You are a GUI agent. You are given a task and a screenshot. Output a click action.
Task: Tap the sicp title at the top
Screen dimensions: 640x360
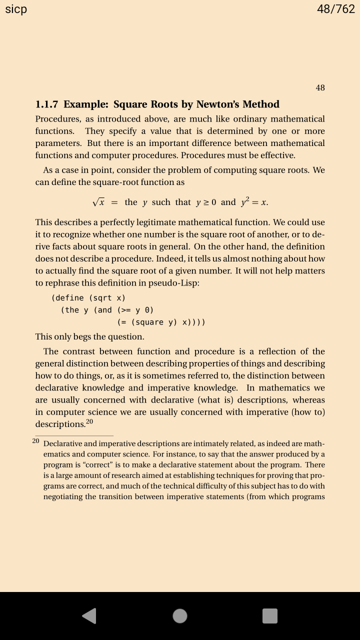click(x=16, y=9)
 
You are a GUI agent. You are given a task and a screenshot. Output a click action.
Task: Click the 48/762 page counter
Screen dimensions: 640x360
click(x=336, y=9)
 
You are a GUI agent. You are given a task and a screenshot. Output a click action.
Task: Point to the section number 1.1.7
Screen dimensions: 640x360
click(x=46, y=104)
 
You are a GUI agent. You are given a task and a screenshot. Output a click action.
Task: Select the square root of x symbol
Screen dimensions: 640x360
click(x=98, y=202)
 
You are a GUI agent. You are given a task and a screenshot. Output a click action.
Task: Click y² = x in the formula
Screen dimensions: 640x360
click(x=254, y=202)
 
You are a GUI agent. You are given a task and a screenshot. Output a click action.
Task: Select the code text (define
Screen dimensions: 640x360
click(x=67, y=298)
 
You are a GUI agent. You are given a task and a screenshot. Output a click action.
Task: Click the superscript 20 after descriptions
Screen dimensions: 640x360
click(x=89, y=421)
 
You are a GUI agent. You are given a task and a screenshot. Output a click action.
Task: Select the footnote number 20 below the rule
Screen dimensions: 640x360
click(x=35, y=441)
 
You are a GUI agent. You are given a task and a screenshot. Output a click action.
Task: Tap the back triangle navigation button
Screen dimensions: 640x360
click(x=89, y=615)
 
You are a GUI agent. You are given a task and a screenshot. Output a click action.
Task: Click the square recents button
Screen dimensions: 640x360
click(x=270, y=615)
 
